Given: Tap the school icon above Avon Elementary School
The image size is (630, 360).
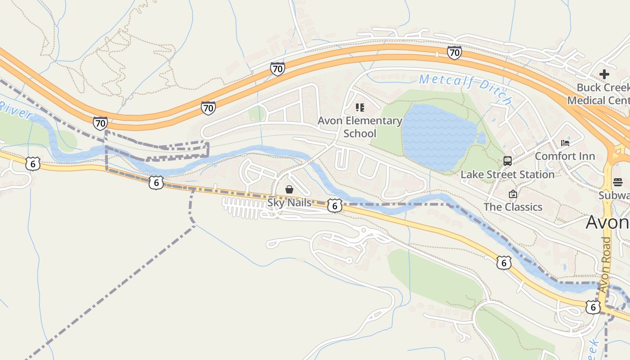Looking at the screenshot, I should click(360, 108).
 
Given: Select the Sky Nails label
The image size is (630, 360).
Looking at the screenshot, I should click(289, 203).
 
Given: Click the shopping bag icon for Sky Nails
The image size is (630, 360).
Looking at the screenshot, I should click(289, 189).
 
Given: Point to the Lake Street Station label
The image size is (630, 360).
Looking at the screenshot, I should click(507, 175).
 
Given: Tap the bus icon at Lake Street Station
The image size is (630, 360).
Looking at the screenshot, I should click(508, 161).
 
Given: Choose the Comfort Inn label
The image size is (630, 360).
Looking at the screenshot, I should click(565, 157).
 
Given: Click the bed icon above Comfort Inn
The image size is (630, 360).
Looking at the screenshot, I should click(565, 143).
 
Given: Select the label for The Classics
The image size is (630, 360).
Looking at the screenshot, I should click(513, 207).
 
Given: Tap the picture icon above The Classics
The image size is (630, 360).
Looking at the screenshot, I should click(513, 194).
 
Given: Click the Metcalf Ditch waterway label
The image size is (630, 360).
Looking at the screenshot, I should click(465, 89).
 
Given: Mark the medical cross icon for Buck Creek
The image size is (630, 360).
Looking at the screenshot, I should click(604, 74).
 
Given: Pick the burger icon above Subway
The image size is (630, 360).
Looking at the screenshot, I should click(617, 182).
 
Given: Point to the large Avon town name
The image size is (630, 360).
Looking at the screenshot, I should click(607, 222).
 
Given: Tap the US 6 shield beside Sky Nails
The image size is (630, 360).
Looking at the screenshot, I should click(334, 206).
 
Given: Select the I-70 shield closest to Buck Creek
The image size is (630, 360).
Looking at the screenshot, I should click(454, 53).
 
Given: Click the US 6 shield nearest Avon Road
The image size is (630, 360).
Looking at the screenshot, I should click(593, 307).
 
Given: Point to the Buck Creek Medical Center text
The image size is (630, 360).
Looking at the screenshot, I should click(603, 94).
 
